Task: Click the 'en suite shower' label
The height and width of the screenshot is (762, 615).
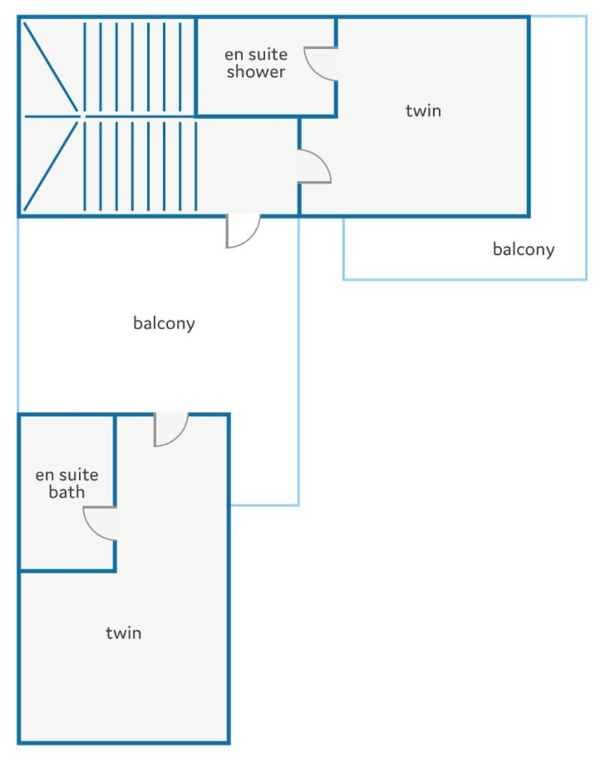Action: click(x=256, y=63)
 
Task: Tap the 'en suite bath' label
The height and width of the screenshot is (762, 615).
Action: click(x=66, y=484)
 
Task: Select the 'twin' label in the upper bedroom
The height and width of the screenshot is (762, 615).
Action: click(x=424, y=111)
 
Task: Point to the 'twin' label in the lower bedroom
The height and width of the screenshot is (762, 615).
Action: click(x=124, y=632)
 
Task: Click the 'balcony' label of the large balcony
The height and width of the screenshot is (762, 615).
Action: click(x=164, y=323)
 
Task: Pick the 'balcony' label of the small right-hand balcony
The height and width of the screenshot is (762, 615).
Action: click(x=524, y=249)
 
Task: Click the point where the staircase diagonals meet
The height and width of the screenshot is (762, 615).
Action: click(x=81, y=116)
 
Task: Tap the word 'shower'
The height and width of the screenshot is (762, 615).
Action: click(x=256, y=72)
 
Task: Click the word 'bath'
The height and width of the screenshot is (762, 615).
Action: click(x=66, y=492)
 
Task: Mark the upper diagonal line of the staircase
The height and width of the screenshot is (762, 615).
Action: click(x=51, y=67)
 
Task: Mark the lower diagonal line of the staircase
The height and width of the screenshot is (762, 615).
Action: click(x=51, y=165)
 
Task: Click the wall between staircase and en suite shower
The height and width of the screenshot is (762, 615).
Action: click(x=195, y=66)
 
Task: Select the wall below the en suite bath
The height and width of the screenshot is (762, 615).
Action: click(x=67, y=569)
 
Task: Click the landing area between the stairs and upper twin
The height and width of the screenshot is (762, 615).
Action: click(x=248, y=165)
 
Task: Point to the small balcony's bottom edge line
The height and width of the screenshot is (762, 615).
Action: click(x=465, y=279)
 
